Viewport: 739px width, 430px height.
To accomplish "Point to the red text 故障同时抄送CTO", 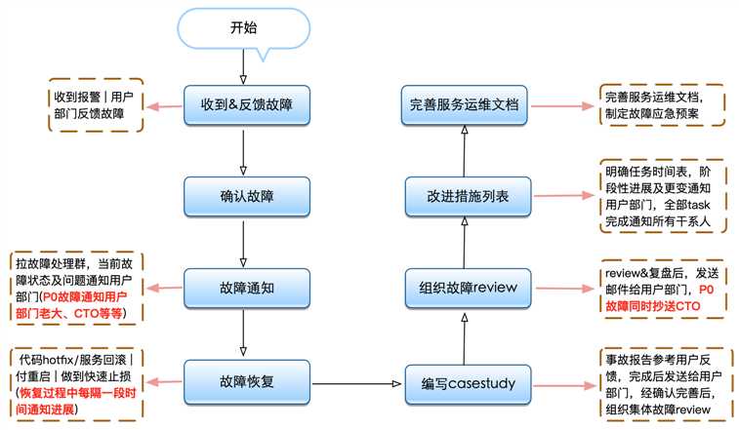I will pyautogui.click(x=652, y=306).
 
